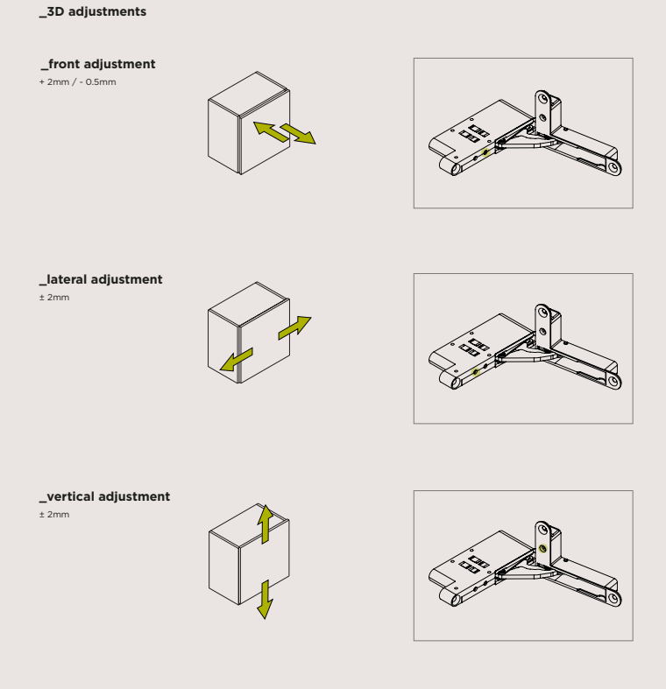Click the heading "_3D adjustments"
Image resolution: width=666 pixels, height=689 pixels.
click(93, 12)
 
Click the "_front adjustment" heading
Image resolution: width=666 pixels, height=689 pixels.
click(98, 65)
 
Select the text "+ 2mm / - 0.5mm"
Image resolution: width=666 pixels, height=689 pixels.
click(77, 82)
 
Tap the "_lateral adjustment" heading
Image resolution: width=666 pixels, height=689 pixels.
click(101, 280)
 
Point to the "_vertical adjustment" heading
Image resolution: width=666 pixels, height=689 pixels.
click(104, 497)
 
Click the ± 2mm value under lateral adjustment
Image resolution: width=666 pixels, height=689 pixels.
click(54, 298)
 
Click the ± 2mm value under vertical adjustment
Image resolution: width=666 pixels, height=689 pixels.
click(54, 515)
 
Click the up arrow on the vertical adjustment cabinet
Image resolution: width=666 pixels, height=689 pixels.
click(266, 524)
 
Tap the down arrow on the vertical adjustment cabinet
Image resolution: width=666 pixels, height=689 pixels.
click(265, 600)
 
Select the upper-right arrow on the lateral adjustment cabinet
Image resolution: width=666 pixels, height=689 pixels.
click(294, 327)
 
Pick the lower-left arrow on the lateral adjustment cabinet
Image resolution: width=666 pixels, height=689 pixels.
click(237, 360)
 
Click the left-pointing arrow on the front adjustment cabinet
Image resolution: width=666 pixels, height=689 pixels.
click(272, 132)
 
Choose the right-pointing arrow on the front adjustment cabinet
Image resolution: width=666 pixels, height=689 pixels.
click(298, 134)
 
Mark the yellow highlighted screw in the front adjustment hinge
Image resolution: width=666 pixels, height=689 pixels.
click(485, 153)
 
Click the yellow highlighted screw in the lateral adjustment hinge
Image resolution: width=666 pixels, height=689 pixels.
click(475, 372)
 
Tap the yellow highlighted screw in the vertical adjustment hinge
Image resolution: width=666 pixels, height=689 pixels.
click(542, 548)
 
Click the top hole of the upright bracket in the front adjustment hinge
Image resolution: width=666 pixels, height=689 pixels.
click(542, 99)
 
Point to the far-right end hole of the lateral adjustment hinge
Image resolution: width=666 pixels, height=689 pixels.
click(613, 382)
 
